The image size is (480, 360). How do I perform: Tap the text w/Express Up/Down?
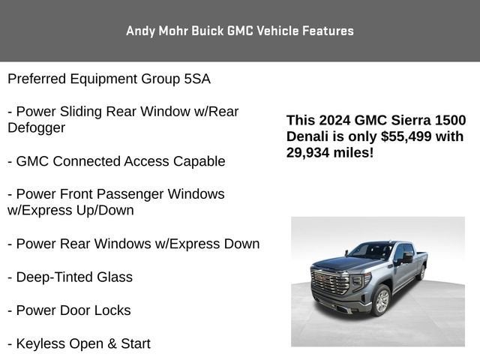(x=70, y=210)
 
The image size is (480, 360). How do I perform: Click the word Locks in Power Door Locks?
(x=112, y=310)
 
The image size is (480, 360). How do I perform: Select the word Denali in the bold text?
(x=308, y=136)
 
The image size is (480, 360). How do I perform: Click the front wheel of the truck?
(x=382, y=301)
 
